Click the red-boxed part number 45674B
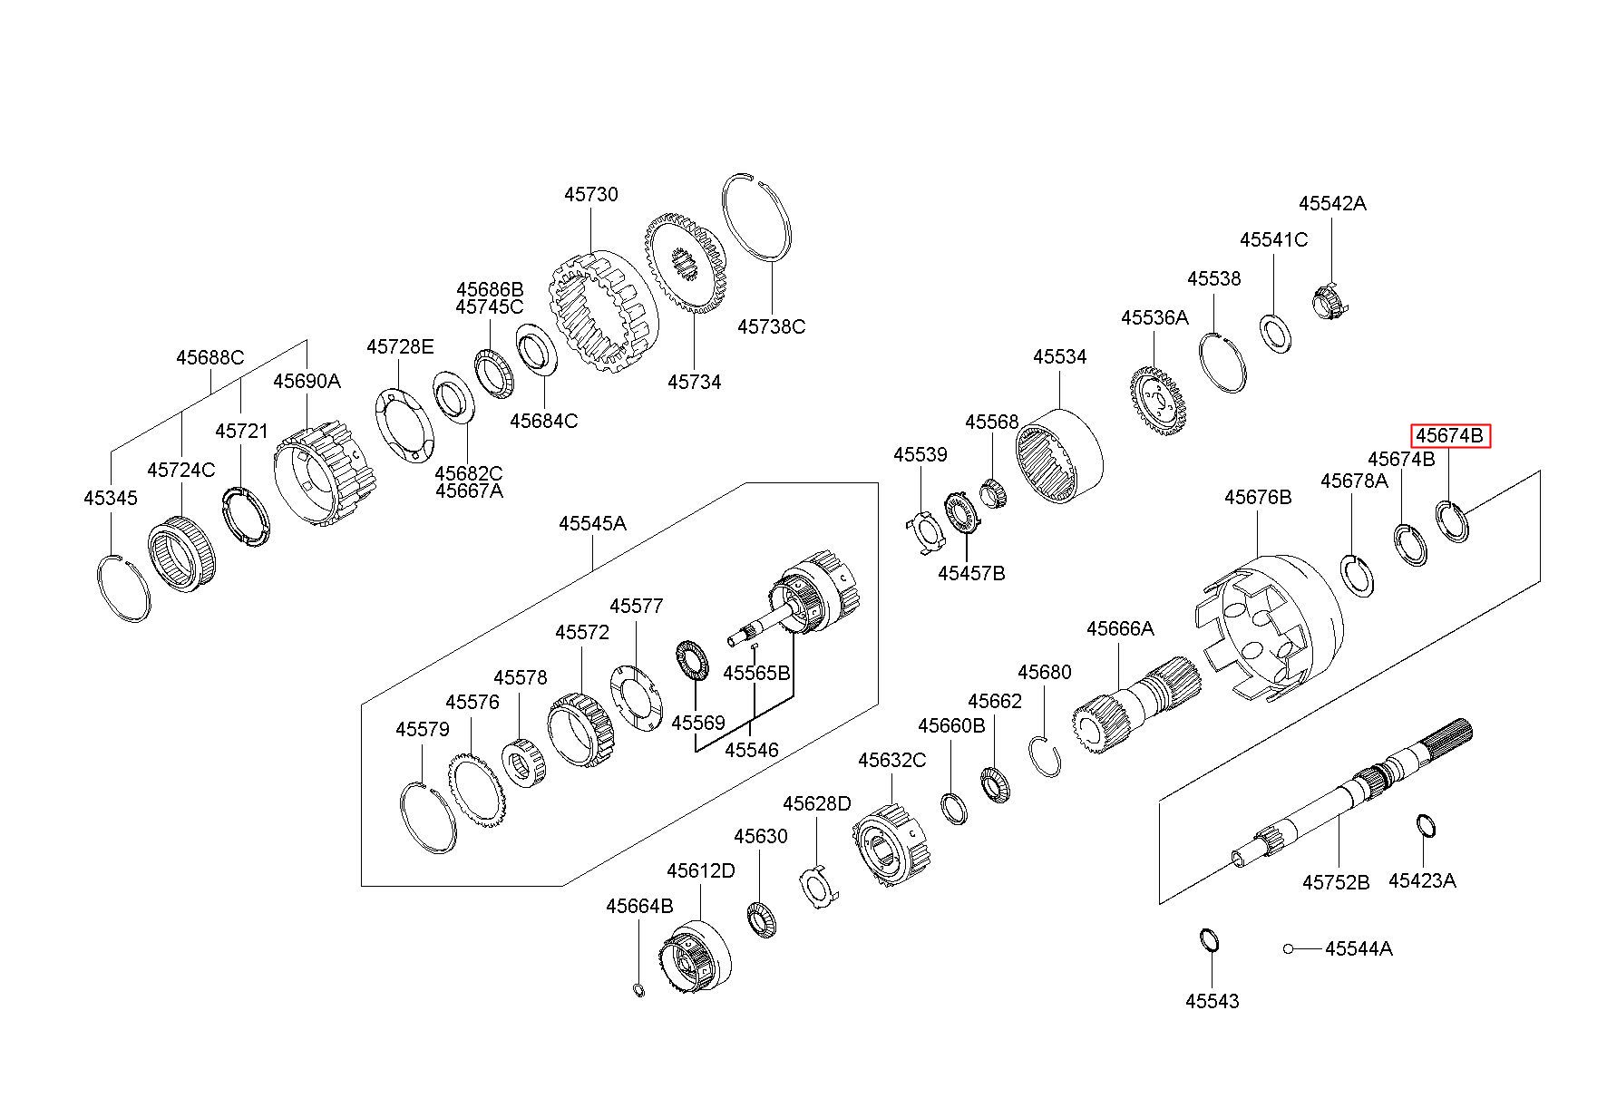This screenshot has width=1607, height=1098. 1449,436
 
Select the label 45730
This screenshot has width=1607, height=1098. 591,194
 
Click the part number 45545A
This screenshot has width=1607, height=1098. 592,523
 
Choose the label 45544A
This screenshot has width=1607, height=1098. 1359,948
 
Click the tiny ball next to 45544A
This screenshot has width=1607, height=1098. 1288,948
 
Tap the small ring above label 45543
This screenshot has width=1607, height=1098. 1210,939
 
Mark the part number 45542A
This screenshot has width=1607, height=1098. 1332,203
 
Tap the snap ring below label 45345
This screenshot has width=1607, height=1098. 123,587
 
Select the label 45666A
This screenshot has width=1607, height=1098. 1120,628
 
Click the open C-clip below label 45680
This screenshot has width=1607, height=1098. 1047,756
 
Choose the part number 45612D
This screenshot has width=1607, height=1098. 701,870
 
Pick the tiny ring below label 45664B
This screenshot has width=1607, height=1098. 638,988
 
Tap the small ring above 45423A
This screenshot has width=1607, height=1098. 1425,827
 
